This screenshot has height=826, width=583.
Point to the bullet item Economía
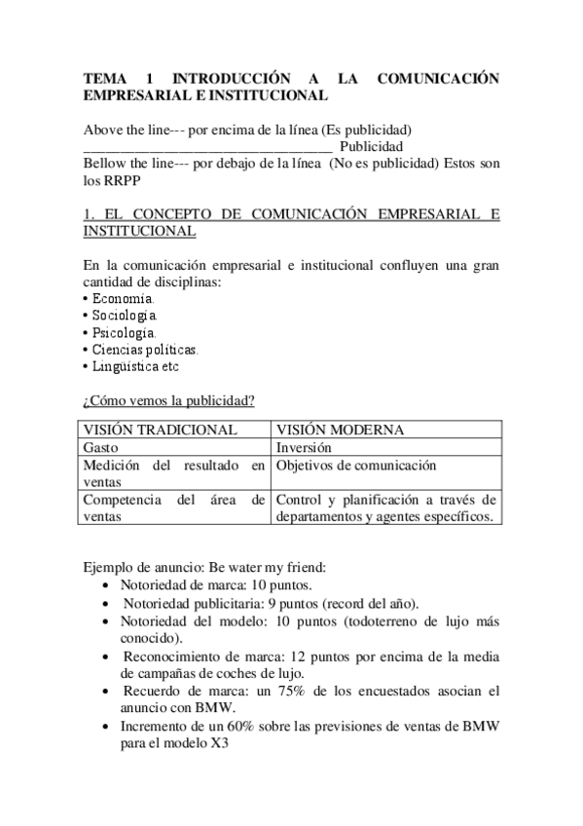pyautogui.click(x=123, y=298)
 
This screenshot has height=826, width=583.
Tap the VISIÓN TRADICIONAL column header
pyautogui.click(x=160, y=430)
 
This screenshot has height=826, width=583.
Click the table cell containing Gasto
pyautogui.click(x=102, y=447)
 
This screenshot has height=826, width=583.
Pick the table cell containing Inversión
pyautogui.click(x=304, y=447)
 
